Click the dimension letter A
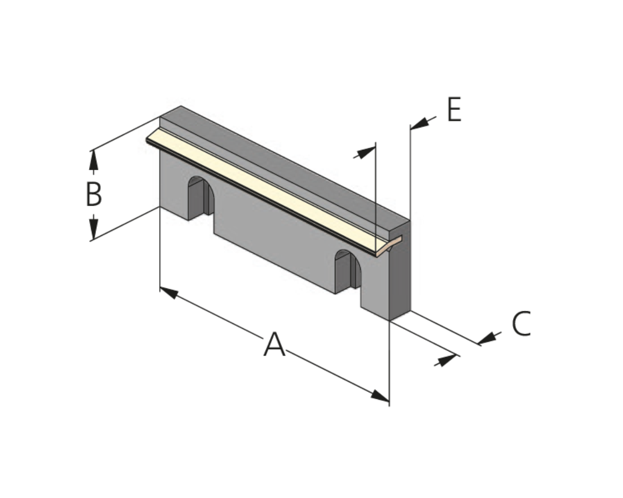(x=274, y=344)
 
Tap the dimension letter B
(x=94, y=194)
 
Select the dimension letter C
(x=521, y=323)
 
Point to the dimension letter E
(x=454, y=109)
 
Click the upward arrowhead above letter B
(x=93, y=160)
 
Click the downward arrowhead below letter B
(x=93, y=229)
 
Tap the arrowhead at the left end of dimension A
(x=168, y=293)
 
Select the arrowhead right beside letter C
(x=487, y=338)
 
